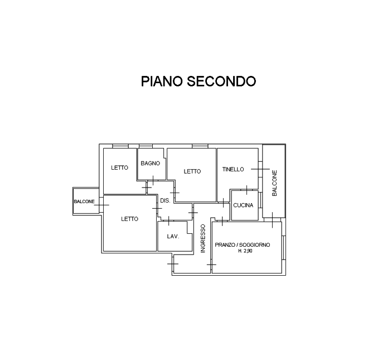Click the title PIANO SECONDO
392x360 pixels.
pyautogui.click(x=199, y=81)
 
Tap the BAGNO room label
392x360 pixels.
pyautogui.click(x=150, y=164)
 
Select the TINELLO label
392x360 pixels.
pyautogui.click(x=233, y=169)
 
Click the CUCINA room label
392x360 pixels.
pyautogui.click(x=243, y=205)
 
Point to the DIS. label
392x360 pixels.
pyautogui.click(x=165, y=200)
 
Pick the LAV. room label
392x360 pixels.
pyautogui.click(x=173, y=237)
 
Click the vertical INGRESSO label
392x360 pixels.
pyautogui.click(x=203, y=238)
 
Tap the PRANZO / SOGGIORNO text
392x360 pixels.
pyautogui.click(x=243, y=245)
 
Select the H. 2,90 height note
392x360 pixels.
pyautogui.click(x=245, y=251)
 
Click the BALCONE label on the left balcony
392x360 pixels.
pyautogui.click(x=84, y=201)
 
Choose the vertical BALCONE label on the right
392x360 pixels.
pyautogui.click(x=274, y=183)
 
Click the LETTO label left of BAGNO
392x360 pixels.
pyautogui.click(x=119, y=167)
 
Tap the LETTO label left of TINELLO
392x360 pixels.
pyautogui.click(x=192, y=171)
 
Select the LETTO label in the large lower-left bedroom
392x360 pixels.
pyautogui.click(x=129, y=219)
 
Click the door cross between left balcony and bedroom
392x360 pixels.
pyautogui.click(x=101, y=205)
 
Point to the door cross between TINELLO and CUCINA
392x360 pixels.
pyautogui.click(x=247, y=190)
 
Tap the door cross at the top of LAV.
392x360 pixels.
pyautogui.click(x=169, y=220)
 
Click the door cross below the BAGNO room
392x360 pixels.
pyautogui.click(x=153, y=180)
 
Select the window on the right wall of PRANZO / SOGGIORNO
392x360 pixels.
pyautogui.click(x=284, y=248)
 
